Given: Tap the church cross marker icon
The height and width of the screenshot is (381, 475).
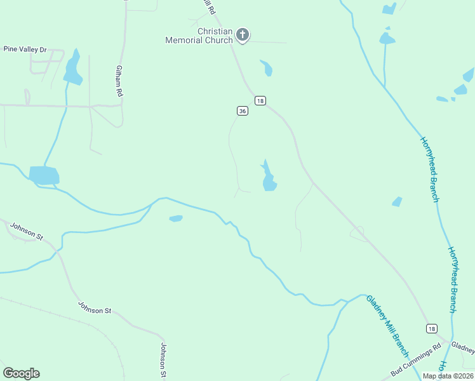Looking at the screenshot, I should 242,35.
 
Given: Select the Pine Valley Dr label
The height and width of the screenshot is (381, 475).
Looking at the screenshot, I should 25,49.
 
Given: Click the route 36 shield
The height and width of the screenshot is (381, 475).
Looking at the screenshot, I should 242,110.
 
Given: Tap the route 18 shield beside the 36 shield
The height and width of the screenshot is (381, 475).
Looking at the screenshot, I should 260,100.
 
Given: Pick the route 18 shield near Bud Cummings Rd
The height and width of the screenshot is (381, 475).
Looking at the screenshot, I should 432,328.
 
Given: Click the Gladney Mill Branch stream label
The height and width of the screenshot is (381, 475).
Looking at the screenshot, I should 387,327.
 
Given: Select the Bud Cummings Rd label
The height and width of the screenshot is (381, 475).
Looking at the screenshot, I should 415,361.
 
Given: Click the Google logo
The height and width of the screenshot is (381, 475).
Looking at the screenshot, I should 21,373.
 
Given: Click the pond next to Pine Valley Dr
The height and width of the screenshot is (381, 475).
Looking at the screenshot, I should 73,69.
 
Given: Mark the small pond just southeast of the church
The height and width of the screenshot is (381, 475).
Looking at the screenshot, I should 267,67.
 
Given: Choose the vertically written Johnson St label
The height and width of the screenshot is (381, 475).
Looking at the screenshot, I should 163,360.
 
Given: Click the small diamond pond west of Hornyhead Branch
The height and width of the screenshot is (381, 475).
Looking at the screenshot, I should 397,202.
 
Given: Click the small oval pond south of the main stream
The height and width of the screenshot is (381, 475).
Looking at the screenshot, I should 176,219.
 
